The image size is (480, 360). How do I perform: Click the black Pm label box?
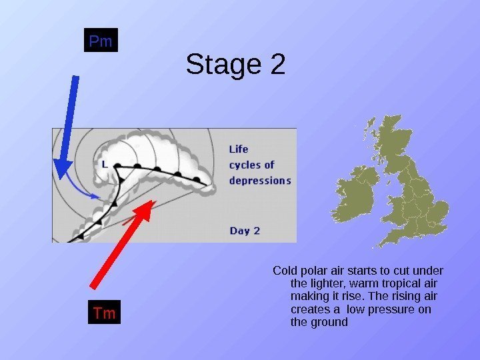coord(101,41)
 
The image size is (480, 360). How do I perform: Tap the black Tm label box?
coord(103,313)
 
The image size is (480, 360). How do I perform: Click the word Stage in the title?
coord(215,65)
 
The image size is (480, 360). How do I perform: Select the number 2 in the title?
coord(275,65)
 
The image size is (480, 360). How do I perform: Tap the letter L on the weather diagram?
coord(105,163)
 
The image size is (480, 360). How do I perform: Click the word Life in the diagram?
coord(240,149)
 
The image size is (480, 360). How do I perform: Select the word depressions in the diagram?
coord(260,181)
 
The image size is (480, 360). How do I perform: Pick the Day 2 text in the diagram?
coord(245,231)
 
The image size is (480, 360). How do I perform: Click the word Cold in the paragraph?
coord(285,271)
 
